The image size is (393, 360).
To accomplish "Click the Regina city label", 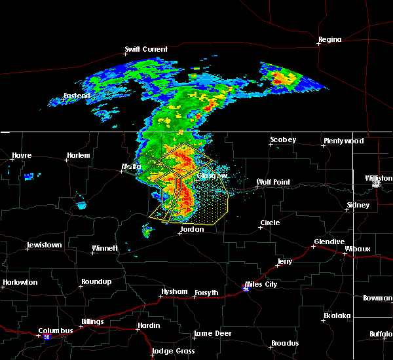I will [329, 40].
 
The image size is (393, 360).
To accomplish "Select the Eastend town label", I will [76, 96].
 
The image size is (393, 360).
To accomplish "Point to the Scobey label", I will [283, 140].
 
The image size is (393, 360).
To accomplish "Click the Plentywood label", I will [343, 141].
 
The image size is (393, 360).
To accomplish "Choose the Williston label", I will [379, 178].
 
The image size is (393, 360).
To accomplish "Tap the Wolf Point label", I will [272, 182].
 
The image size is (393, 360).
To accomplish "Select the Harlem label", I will [78, 156].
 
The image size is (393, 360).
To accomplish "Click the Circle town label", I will [270, 223].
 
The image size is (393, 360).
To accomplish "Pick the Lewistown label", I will [44, 245].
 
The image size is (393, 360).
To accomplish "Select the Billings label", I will [92, 322].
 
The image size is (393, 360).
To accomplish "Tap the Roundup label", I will [95, 281].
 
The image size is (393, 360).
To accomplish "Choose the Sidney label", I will [358, 205].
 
